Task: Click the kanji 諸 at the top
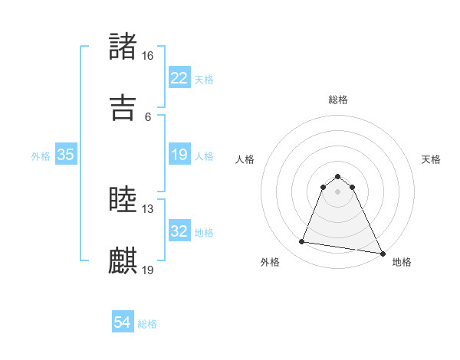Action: click(x=123, y=47)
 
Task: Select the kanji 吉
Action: click(x=123, y=107)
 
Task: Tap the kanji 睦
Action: click(x=123, y=200)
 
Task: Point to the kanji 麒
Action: click(x=123, y=260)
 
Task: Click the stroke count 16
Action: click(x=148, y=56)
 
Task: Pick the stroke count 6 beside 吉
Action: click(x=148, y=116)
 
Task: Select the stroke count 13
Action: click(x=148, y=209)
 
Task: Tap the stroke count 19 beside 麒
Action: click(x=148, y=270)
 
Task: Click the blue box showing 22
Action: click(x=179, y=78)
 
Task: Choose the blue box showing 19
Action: click(x=179, y=155)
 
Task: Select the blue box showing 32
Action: click(x=179, y=231)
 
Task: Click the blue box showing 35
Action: click(x=66, y=155)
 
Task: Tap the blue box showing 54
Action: click(x=123, y=323)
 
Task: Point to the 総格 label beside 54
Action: click(x=147, y=324)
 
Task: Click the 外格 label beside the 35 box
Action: click(x=41, y=155)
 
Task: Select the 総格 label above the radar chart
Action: click(x=337, y=100)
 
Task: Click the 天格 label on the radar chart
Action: click(x=431, y=159)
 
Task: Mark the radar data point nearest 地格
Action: click(x=382, y=253)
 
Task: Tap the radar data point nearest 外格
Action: click(x=302, y=242)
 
